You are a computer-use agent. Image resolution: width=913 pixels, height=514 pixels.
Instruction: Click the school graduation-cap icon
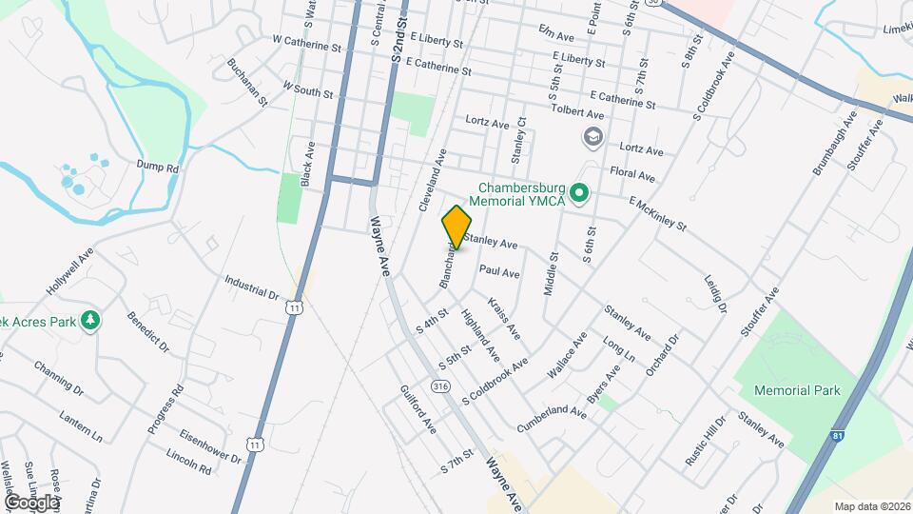point(594,138)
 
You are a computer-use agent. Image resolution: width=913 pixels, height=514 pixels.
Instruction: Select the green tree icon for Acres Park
point(90,321)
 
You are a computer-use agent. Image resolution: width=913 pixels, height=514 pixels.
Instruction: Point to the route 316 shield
point(439,386)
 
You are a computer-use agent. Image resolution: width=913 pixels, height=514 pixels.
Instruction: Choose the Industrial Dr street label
point(251,286)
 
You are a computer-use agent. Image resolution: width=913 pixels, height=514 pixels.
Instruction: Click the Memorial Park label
point(796,390)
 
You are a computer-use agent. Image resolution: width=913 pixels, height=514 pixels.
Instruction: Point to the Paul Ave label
point(499,272)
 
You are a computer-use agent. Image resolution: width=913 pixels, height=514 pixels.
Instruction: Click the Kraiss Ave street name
point(504,319)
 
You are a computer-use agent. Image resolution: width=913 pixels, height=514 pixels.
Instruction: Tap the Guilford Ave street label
point(418,410)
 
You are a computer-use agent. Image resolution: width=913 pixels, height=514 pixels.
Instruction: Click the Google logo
point(31,502)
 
